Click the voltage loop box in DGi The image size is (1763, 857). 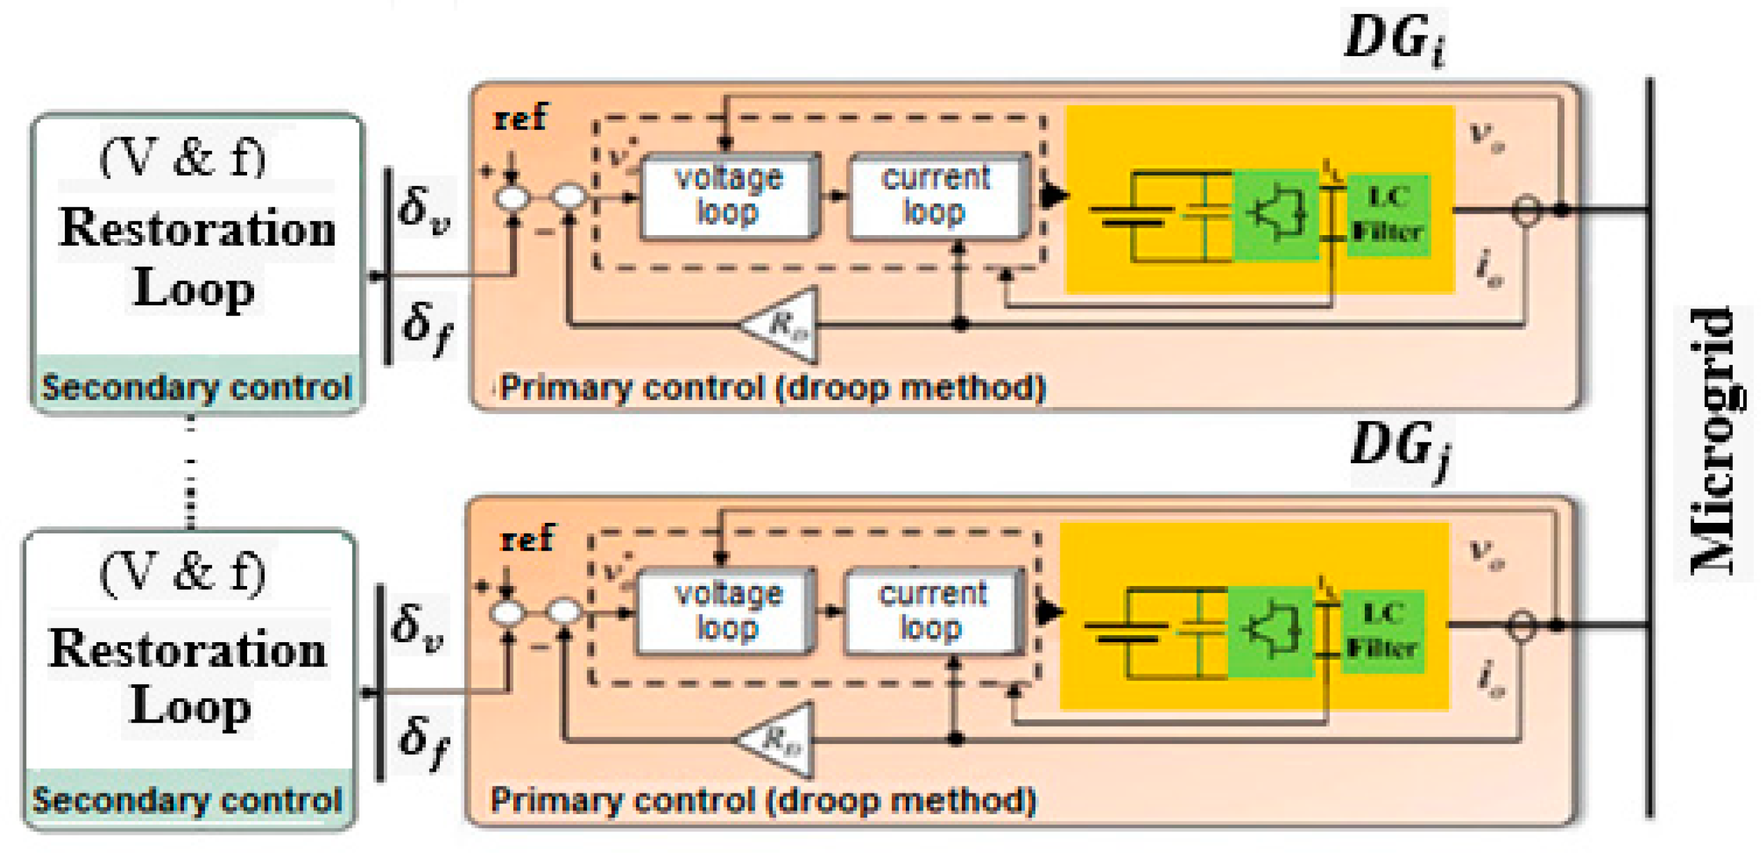click(x=728, y=196)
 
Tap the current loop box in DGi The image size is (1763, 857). click(x=936, y=196)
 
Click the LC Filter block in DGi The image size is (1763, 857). click(x=1388, y=215)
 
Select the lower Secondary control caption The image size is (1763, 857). click(x=188, y=800)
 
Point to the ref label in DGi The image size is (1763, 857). click(x=520, y=118)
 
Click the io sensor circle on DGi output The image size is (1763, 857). click(x=1526, y=210)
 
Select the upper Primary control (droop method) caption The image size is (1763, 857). click(x=772, y=387)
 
